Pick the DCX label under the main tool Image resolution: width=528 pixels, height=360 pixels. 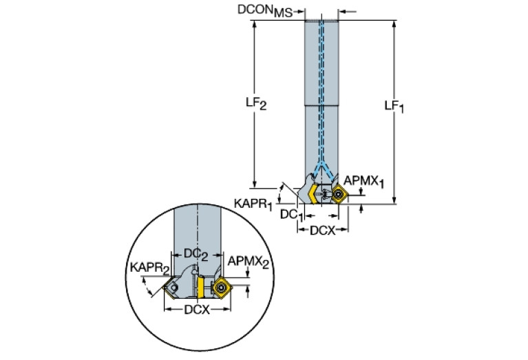click(x=321, y=230)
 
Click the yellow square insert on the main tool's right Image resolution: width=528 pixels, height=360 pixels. click(x=340, y=193)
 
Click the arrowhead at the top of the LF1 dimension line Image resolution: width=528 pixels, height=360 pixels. click(x=394, y=23)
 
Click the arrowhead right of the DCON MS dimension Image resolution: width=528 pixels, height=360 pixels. click(x=344, y=11)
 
